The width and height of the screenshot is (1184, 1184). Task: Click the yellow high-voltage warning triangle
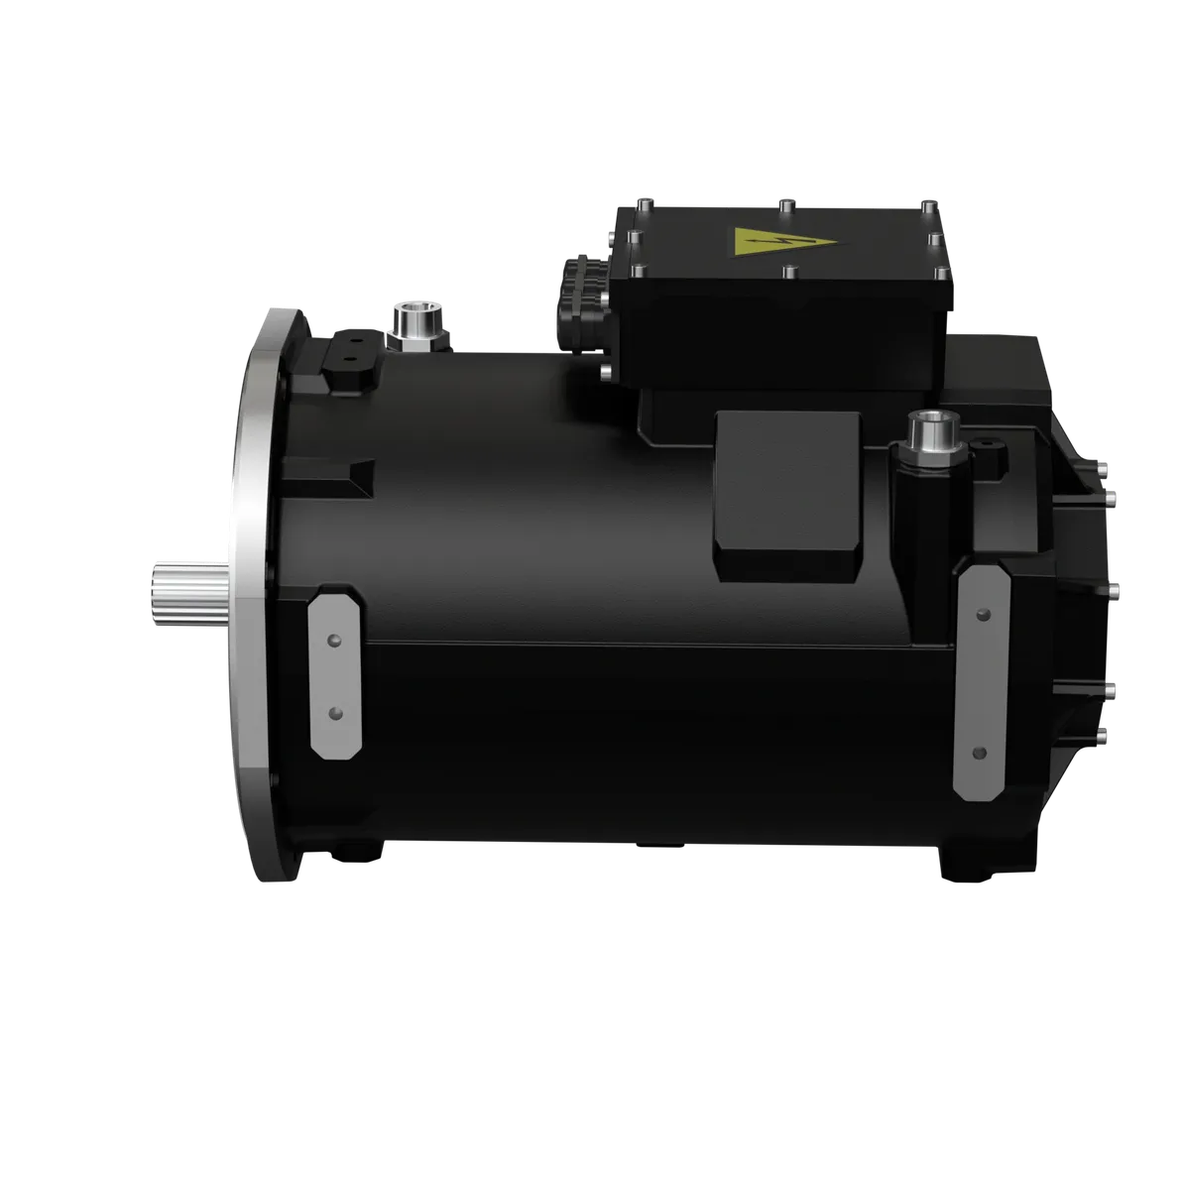757,242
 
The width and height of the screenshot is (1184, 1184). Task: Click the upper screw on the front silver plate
335,643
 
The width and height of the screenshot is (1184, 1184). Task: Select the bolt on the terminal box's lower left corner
606,372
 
